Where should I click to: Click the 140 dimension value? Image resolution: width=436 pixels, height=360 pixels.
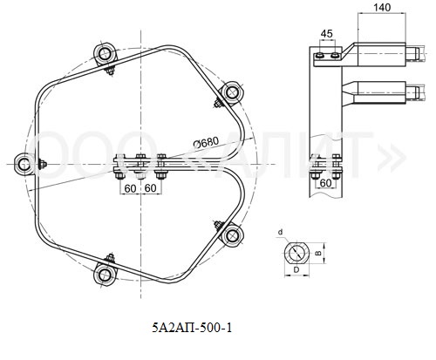[x=382, y=7]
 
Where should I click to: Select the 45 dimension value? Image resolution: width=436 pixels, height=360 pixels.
[x=326, y=34]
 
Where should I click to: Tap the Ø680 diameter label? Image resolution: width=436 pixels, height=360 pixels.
[x=206, y=142]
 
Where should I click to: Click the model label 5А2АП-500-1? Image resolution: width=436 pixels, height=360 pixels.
[x=193, y=328]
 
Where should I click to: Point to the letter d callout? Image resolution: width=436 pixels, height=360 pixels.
[x=280, y=232]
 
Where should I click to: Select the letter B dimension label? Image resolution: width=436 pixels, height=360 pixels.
[x=318, y=253]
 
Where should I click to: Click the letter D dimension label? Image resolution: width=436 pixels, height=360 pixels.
[x=296, y=269]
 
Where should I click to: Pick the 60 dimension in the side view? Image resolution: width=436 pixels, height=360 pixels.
[x=325, y=183]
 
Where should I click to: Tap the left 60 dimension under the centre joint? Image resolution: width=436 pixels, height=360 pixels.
[x=130, y=188]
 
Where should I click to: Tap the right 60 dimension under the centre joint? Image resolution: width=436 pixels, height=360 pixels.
[x=150, y=188]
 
